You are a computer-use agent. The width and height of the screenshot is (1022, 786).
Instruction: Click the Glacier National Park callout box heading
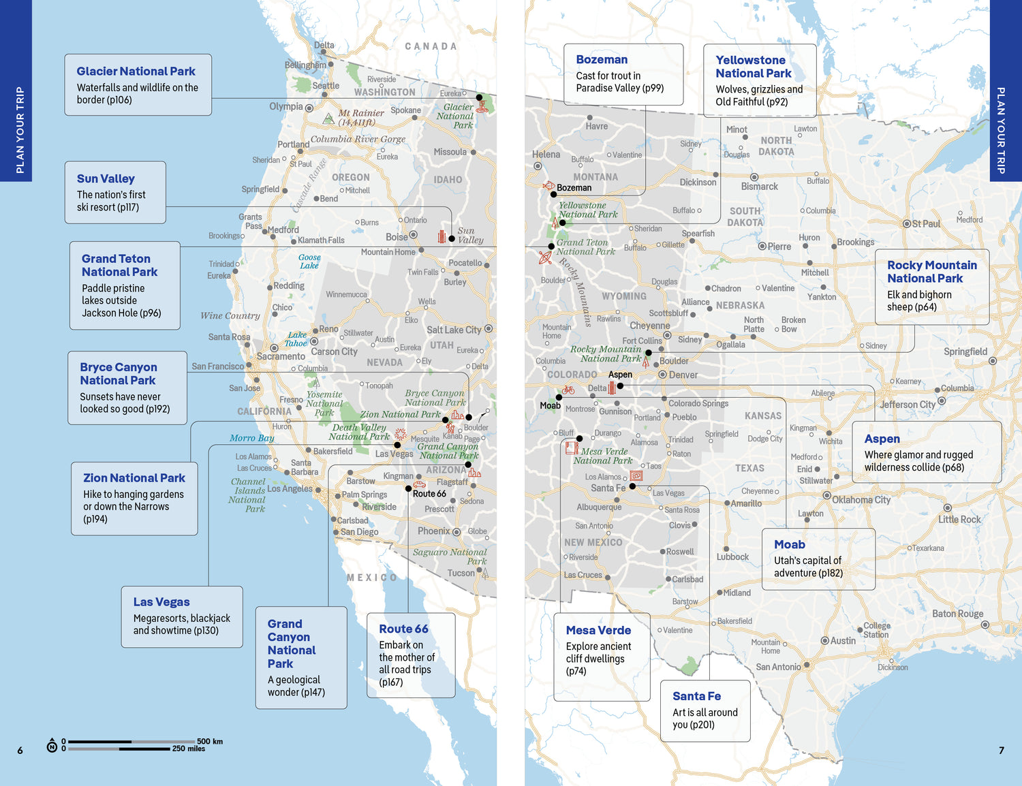pos(136,72)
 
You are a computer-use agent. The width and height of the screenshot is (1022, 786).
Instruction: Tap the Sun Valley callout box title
pos(106,178)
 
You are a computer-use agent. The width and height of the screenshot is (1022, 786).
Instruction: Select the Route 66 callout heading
pos(403,629)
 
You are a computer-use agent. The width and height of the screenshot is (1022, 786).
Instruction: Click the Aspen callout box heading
pos(882,439)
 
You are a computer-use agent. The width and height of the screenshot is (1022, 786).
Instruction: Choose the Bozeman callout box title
pos(602,59)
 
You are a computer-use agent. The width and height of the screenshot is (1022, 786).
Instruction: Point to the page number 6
pos(20,751)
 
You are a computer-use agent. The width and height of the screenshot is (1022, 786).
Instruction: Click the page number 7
pos(1001,751)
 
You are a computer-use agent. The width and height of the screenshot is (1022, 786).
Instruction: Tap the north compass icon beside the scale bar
pos(52,745)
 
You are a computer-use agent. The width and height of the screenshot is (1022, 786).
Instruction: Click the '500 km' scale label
pos(210,741)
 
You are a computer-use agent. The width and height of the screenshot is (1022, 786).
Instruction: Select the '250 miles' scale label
pos(189,749)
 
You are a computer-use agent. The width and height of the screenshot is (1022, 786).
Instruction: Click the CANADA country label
pos(431,46)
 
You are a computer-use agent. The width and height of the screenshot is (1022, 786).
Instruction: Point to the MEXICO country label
pos(371,578)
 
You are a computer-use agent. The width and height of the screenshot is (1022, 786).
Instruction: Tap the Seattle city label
pos(326,86)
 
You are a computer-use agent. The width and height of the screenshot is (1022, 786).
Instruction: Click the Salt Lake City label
pos(454,330)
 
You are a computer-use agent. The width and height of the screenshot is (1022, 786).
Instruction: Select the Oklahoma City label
pos(861,499)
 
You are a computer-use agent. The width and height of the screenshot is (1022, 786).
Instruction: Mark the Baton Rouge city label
pos(957,614)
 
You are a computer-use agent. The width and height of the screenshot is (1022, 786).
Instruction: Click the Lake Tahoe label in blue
pos(296,339)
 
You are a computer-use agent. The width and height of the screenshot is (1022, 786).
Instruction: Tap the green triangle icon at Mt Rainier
pos(328,119)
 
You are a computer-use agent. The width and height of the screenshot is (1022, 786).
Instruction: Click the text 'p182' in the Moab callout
pos(831,573)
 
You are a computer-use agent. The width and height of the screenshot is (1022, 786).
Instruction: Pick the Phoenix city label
pos(433,531)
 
